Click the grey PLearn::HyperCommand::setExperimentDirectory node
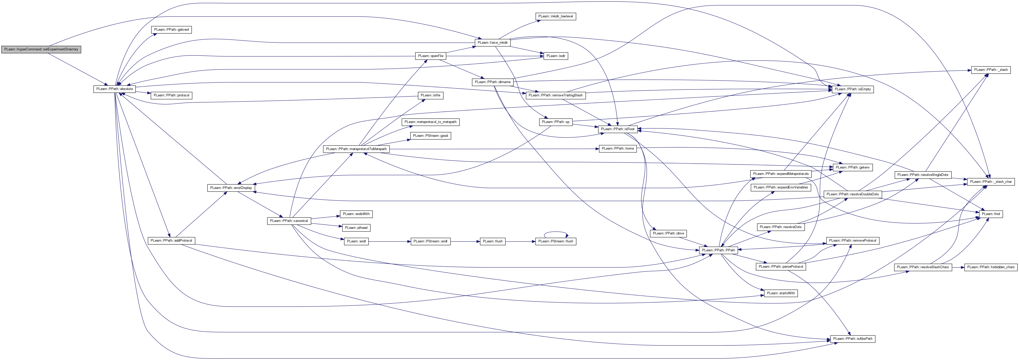pyautogui.click(x=41, y=49)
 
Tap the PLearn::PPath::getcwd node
pyautogui.click(x=172, y=30)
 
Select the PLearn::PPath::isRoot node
pyautogui.click(x=617, y=129)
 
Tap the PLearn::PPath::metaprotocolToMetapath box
pyautogui.click(x=356, y=149)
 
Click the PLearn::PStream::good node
pyautogui.click(x=430, y=136)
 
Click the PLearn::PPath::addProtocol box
pyautogui.click(x=171, y=241)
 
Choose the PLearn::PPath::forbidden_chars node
pyautogui.click(x=991, y=267)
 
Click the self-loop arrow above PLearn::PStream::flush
pyautogui.click(x=555, y=232)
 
